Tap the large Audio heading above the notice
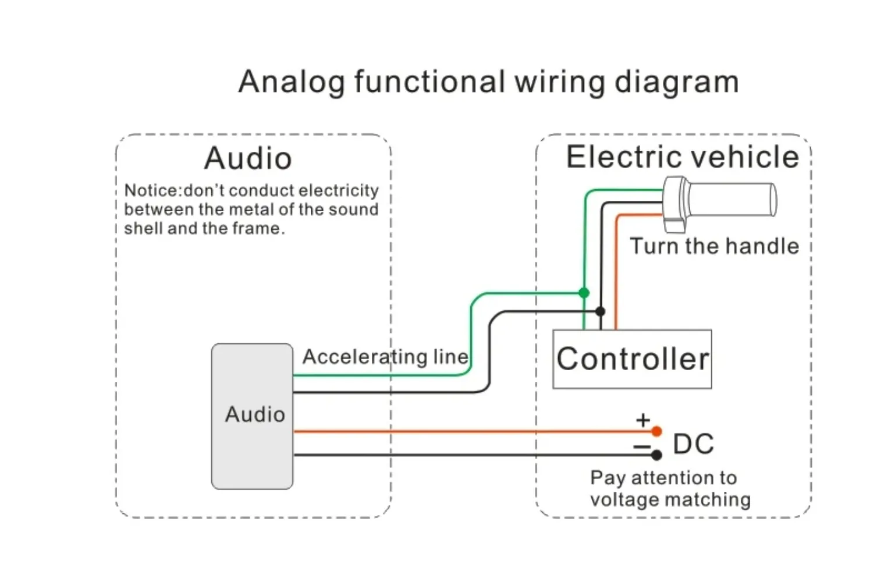[x=248, y=158]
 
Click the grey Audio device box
[x=252, y=416]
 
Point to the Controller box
[x=632, y=359]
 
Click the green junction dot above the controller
[x=584, y=293]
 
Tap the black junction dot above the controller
[x=600, y=311]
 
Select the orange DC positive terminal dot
[x=656, y=431]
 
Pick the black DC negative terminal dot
[x=656, y=455]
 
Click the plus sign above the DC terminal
[x=642, y=420]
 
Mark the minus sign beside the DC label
[x=642, y=447]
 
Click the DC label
[x=693, y=444]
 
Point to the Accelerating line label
[x=385, y=357]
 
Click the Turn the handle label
[x=714, y=246]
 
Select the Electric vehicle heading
[x=683, y=157]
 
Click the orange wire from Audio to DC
[x=466, y=431]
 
